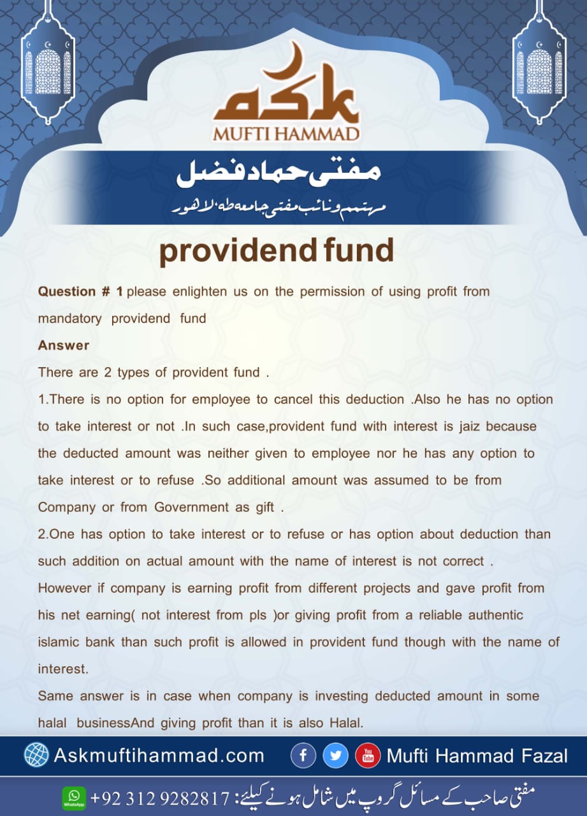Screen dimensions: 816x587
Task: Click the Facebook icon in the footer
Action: [303, 756]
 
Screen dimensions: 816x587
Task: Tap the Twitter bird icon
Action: [335, 756]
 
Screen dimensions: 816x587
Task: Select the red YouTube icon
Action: [368, 756]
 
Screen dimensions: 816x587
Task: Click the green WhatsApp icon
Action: [74, 797]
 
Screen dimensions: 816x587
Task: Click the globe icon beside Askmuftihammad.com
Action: [36, 755]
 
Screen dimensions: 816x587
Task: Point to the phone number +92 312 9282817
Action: [159, 798]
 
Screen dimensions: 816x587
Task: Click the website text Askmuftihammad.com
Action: [159, 756]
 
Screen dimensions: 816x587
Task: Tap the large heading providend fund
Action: [276, 251]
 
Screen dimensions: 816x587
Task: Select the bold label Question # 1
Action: [81, 291]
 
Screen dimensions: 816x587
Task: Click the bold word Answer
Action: [64, 345]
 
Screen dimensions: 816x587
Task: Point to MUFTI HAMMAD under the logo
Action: [287, 135]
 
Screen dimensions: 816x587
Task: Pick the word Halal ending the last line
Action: [347, 723]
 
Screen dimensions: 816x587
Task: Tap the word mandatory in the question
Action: [69, 318]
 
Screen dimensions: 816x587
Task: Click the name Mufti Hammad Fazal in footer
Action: [477, 756]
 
